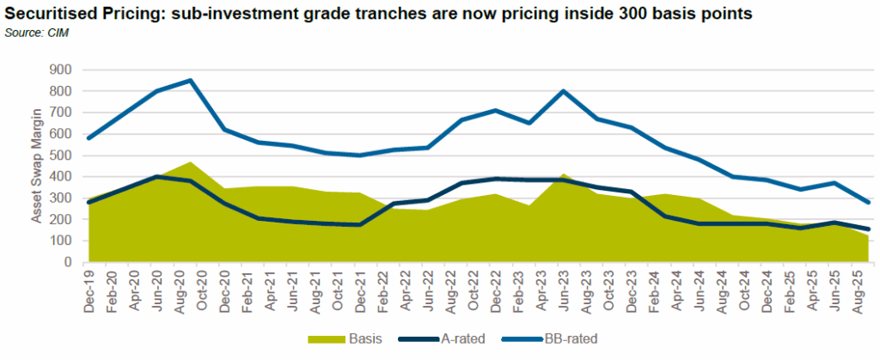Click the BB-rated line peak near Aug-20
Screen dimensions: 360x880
190,81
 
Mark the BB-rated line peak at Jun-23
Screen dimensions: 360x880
563,91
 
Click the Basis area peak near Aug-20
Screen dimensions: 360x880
190,162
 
